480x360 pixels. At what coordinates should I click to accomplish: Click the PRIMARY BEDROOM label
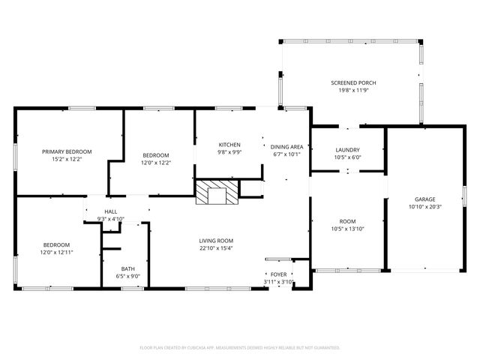click(67, 151)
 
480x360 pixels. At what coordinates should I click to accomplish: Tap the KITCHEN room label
click(229, 145)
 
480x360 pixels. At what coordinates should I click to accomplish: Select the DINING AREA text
click(286, 147)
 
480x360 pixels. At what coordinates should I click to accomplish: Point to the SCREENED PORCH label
click(353, 83)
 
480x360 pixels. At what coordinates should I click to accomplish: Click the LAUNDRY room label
click(347, 150)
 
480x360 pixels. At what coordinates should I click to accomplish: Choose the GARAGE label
click(425, 199)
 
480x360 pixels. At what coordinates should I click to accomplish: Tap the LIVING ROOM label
click(216, 241)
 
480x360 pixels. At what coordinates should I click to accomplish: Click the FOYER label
click(278, 274)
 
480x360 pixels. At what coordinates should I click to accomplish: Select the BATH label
click(128, 269)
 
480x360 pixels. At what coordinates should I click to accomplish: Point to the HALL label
click(111, 211)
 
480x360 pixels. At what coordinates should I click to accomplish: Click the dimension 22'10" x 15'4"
click(216, 248)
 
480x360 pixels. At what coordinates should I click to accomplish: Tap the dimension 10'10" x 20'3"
click(425, 207)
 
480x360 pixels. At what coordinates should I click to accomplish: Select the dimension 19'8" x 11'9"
click(353, 90)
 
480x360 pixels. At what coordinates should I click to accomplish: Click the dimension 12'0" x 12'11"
click(57, 253)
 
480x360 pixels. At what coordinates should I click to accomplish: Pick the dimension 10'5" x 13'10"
click(347, 229)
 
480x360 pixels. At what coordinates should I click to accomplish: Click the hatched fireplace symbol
click(217, 192)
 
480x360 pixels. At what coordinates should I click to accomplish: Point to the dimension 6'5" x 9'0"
click(128, 277)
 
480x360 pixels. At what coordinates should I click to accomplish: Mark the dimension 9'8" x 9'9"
click(229, 152)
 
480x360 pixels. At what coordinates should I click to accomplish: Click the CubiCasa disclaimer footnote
click(240, 348)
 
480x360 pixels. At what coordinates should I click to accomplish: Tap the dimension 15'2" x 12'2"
click(67, 159)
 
